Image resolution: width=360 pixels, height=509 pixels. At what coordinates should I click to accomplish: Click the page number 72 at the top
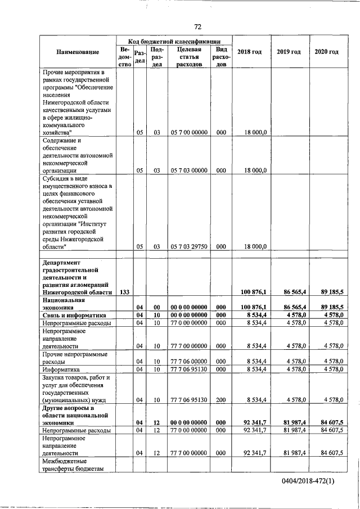pos(198,26)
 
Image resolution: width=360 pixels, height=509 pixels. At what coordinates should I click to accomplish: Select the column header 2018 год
pos(249,52)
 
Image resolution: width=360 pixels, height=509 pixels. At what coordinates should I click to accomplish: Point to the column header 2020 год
pos(327,52)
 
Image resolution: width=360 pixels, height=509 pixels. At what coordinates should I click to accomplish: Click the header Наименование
pos(78,52)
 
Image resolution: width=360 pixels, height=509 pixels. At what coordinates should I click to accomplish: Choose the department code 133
pos(125,292)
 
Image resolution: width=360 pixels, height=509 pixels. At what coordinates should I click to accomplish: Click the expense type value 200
pos(221,399)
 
